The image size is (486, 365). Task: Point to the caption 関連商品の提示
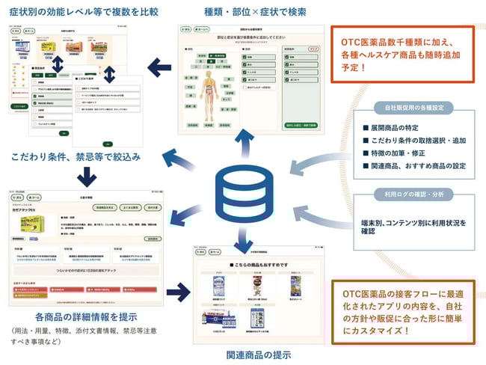[x=258, y=354]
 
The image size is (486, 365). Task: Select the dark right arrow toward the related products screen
[x=181, y=288]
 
